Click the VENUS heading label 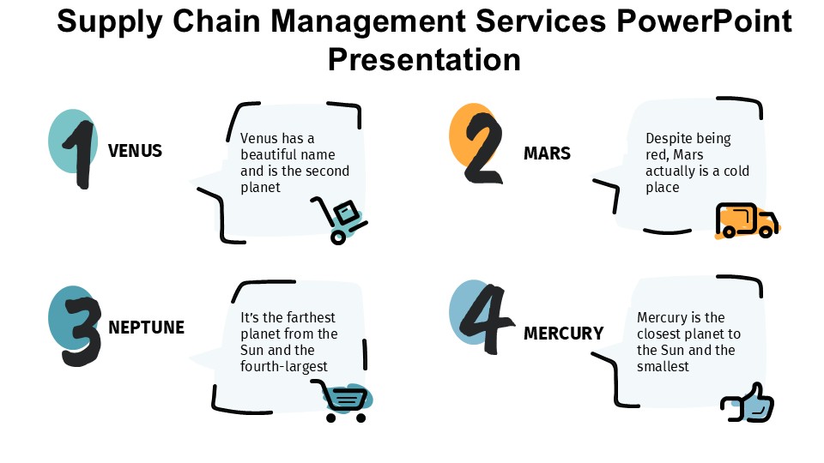click(x=135, y=152)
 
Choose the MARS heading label click(x=547, y=154)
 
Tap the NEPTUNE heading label click(x=146, y=328)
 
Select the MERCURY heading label click(x=563, y=334)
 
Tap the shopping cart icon click(x=345, y=401)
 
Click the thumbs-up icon click(x=748, y=403)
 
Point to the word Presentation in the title click(x=424, y=60)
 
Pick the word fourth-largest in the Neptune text click(x=284, y=367)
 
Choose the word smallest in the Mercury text click(x=663, y=367)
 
